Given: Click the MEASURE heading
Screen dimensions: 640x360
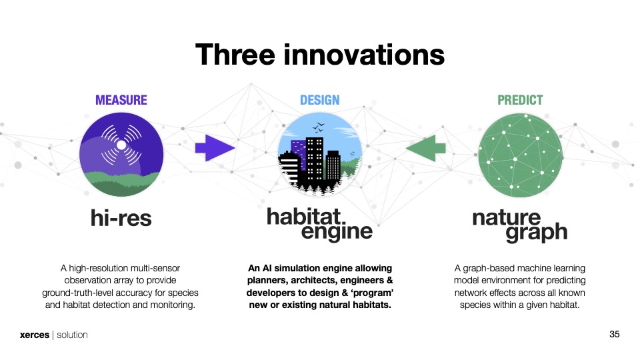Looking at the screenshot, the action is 121,100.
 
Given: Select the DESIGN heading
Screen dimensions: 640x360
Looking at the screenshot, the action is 319,100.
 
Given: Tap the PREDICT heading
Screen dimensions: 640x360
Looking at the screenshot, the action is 520,100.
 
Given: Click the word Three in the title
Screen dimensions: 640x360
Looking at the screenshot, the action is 235,55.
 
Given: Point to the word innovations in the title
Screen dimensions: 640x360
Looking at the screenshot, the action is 364,55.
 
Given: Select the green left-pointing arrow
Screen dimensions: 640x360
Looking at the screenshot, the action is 425,148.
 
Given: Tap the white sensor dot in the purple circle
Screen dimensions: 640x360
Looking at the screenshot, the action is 121,145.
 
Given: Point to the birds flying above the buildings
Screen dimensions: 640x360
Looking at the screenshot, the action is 319,127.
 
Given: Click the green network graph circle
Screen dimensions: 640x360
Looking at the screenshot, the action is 520,155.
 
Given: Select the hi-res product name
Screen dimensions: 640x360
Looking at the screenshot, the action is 121,218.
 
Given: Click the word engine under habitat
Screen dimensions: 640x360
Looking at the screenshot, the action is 337,232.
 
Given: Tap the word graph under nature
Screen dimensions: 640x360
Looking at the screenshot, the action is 536,233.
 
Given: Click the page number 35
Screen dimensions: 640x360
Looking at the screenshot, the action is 614,334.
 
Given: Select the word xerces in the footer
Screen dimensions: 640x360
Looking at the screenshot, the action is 35,335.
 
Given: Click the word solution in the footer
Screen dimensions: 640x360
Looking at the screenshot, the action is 72,335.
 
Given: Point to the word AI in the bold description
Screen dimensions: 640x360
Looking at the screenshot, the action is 266,268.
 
